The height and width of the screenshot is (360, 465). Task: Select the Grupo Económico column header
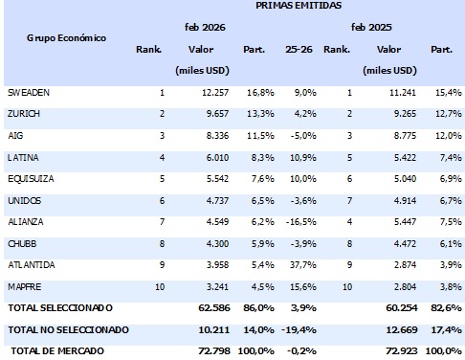click(x=66, y=38)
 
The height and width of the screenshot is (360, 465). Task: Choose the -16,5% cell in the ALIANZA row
click(x=300, y=220)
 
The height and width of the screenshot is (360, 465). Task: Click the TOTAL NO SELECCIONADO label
click(x=68, y=328)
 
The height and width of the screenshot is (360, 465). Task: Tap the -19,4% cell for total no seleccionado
click(x=299, y=328)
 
